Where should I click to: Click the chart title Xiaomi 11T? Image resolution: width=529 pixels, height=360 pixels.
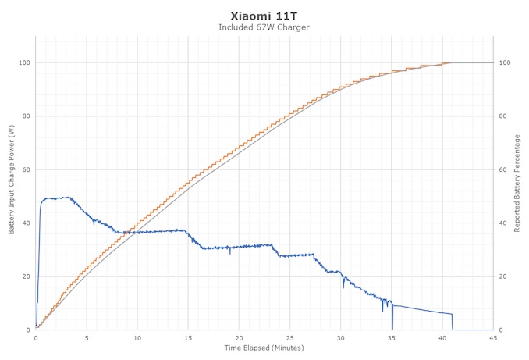coord(264,15)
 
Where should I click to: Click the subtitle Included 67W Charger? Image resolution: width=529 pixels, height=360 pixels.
coord(264,27)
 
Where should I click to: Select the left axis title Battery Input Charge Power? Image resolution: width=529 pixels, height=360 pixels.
coord(12,181)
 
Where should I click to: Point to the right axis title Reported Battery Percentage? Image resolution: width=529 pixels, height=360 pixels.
coord(517,181)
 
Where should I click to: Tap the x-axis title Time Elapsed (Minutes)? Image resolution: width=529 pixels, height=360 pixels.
coord(264,348)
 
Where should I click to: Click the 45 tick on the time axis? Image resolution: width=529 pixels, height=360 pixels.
coord(493,338)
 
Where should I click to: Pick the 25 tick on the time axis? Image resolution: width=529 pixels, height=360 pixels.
coord(289,338)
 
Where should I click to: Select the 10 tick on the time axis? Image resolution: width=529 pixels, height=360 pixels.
coord(137,338)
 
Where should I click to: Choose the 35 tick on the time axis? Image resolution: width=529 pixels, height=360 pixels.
coord(392,338)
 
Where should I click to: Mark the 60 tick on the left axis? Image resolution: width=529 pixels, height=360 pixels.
coord(26,169)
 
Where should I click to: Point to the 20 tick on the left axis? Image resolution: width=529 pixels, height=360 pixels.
coord(26,276)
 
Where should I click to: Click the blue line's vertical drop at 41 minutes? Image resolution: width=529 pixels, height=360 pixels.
coord(453,322)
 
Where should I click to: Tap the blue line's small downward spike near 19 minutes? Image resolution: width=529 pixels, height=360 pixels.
coord(229,252)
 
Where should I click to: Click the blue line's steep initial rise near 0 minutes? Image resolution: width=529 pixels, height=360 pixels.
coord(39,250)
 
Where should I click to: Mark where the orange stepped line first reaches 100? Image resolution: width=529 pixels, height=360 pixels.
coord(442,62)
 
